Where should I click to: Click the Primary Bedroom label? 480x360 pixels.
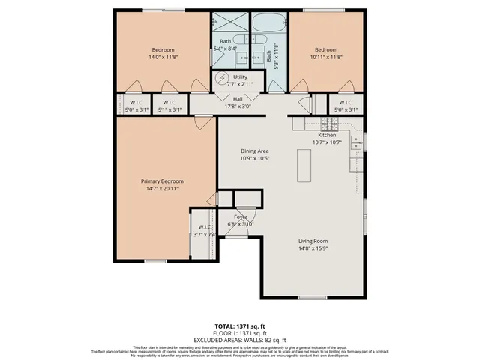pyautogui.click(x=162, y=181)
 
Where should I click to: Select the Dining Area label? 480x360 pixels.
pyautogui.click(x=254, y=151)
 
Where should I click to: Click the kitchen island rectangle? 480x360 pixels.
pyautogui.click(x=304, y=165)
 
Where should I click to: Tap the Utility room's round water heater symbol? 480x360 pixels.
pyautogui.click(x=222, y=78)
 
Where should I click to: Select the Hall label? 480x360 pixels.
pyautogui.click(x=238, y=98)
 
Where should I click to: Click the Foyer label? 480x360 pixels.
pyautogui.click(x=241, y=217)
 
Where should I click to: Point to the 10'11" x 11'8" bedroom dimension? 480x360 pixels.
pyautogui.click(x=326, y=58)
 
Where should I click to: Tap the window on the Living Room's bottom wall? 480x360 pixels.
pyautogui.click(x=311, y=297)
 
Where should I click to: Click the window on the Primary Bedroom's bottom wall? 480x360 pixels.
pyautogui.click(x=155, y=261)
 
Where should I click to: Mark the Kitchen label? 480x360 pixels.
pyautogui.click(x=326, y=135)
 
